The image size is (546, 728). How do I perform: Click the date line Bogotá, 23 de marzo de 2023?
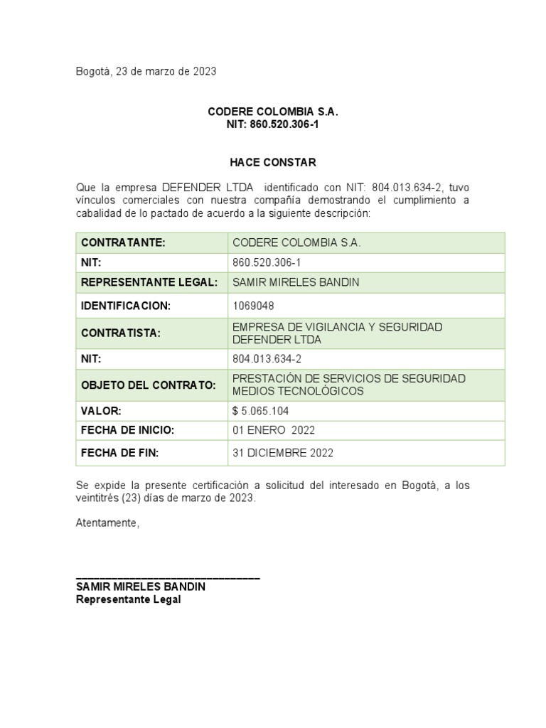146,71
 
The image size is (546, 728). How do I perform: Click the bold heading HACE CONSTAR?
272,163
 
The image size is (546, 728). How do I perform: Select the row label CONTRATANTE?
123,243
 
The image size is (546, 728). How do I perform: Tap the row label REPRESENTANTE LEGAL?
149,282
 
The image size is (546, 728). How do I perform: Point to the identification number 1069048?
253,306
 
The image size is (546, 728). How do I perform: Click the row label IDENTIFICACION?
127,306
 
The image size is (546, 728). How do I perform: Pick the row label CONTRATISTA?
121,333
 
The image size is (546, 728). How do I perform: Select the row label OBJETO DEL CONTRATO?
149,385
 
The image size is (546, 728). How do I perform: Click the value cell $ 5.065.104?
260,411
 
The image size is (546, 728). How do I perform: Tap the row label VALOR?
102,411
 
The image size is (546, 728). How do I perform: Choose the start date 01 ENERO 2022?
274,430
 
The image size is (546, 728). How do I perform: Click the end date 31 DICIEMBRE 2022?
282,452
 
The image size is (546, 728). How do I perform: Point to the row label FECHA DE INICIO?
128,430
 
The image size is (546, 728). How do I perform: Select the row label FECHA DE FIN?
120,452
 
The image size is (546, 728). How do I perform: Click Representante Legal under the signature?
129,599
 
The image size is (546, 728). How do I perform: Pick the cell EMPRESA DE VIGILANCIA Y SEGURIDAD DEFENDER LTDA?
337,333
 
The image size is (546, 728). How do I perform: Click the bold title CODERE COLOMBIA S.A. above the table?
273,112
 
